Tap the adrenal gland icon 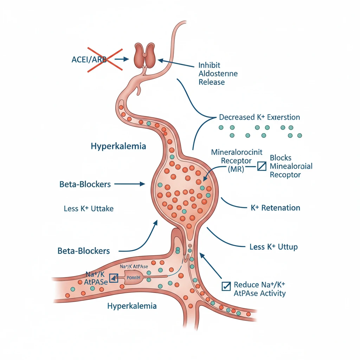click(x=145, y=56)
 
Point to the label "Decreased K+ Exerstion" click(x=259, y=117)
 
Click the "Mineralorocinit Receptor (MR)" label click(x=232, y=161)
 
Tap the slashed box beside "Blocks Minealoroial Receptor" click(x=262, y=166)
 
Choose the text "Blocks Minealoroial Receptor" click(x=291, y=166)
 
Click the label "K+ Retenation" click(x=275, y=208)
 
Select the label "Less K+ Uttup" click(x=273, y=247)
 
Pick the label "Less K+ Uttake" click(x=89, y=208)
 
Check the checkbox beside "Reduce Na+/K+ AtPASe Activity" click(x=225, y=286)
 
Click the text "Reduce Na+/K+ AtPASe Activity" click(x=259, y=289)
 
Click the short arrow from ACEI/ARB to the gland click(x=122, y=59)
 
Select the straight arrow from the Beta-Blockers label click(x=130, y=184)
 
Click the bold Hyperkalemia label click(x=118, y=146)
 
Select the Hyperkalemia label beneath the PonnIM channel click(x=131, y=306)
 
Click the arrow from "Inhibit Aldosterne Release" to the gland click(x=175, y=64)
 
